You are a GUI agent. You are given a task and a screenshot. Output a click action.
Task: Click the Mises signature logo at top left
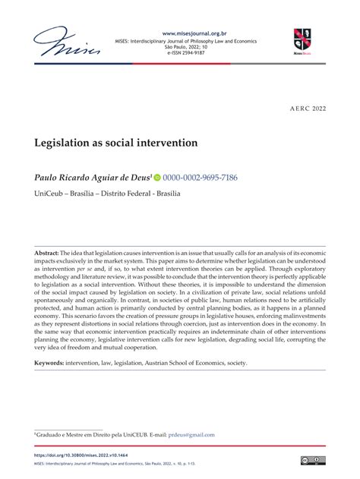(68, 43)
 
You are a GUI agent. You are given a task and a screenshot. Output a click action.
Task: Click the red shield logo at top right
(302, 39)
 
